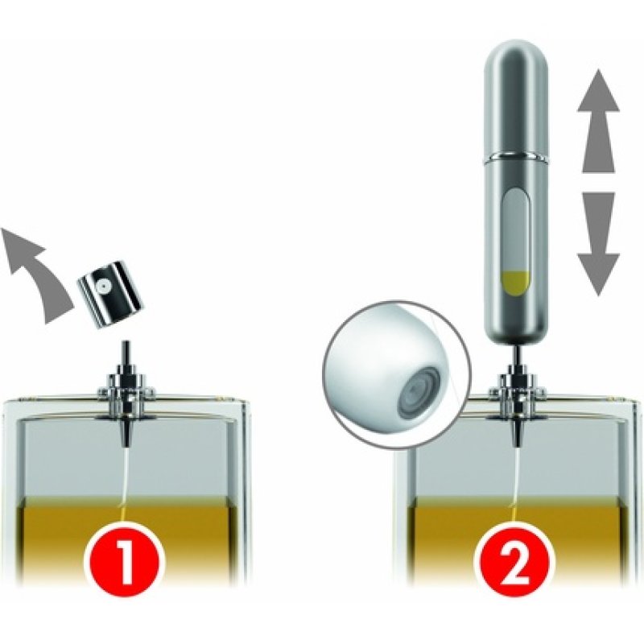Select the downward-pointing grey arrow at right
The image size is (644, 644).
pos(598,243)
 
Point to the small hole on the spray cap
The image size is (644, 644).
pos(102,287)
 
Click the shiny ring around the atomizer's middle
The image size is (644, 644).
pos(516,155)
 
